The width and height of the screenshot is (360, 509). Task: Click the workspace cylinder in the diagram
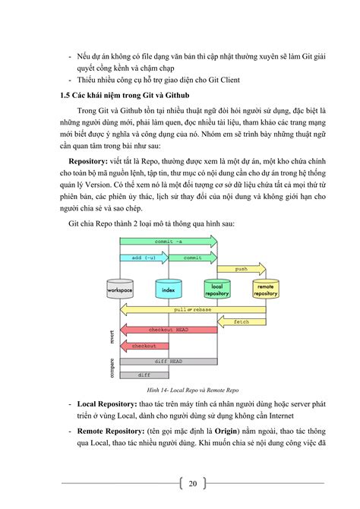pyautogui.click(x=120, y=289)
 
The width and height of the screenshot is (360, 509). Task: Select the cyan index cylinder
pyautogui.click(x=168, y=289)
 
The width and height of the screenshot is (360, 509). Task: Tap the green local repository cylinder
pyautogui.click(x=216, y=289)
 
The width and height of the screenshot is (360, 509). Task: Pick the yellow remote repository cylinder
pyautogui.click(x=265, y=289)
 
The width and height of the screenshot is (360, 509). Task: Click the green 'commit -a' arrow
pyautogui.click(x=168, y=241)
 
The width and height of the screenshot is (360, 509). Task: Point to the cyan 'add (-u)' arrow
pyautogui.click(x=144, y=258)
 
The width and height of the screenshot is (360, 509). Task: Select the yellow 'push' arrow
pyautogui.click(x=241, y=268)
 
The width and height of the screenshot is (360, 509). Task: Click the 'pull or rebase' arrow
pyautogui.click(x=192, y=310)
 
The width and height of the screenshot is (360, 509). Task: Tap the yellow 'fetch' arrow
pyautogui.click(x=241, y=321)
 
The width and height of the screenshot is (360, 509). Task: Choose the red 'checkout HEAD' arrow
pyautogui.click(x=168, y=330)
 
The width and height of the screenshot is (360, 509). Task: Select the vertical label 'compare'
pyautogui.click(x=112, y=368)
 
